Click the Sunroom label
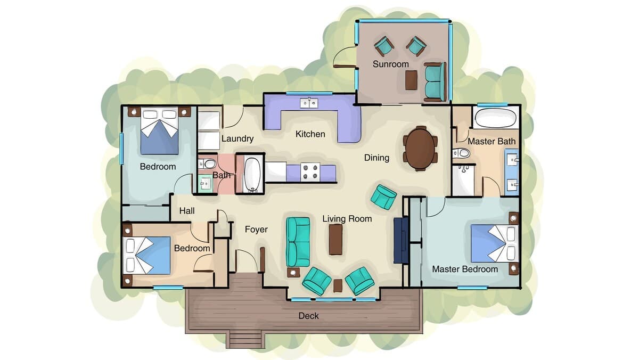[x=390, y=64]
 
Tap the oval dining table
[x=420, y=149]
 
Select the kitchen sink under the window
[x=309, y=103]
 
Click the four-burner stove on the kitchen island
[x=310, y=172]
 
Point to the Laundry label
[x=237, y=138]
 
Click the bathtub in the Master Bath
[x=496, y=118]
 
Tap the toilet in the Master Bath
[x=461, y=153]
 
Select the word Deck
[x=308, y=316]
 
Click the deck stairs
[x=245, y=341]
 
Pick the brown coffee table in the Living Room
[x=336, y=239]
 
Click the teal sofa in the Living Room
[x=298, y=242]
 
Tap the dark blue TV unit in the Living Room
[x=401, y=240]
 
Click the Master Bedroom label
[x=465, y=269]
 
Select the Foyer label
[x=256, y=230]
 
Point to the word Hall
[x=187, y=211]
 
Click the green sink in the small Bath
[x=206, y=183]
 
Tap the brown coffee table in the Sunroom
[x=411, y=80]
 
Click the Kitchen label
[x=310, y=134]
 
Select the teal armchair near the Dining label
[x=384, y=197]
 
